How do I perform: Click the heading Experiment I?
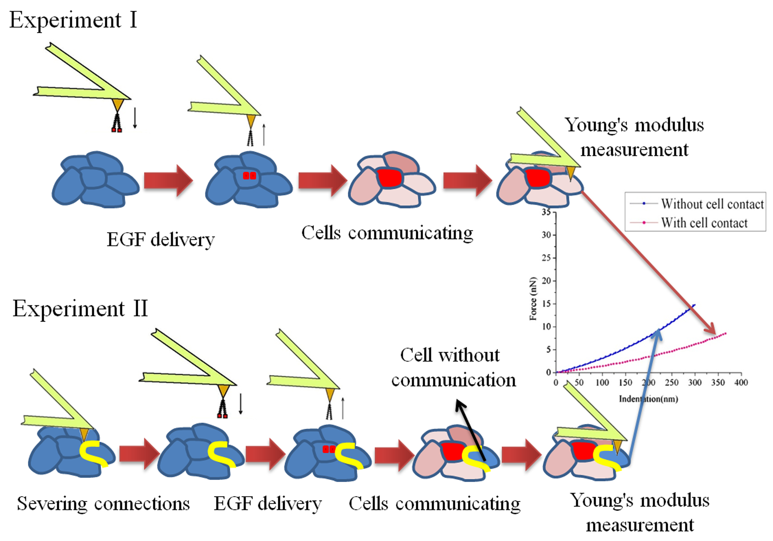(x=73, y=20)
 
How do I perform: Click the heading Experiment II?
(x=80, y=309)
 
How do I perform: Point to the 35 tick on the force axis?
(x=546, y=212)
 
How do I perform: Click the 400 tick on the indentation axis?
(x=741, y=382)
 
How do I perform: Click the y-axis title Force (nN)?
(x=533, y=298)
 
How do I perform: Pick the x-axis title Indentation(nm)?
(x=648, y=399)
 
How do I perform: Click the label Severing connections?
(x=103, y=504)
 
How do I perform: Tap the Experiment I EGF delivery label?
(x=161, y=240)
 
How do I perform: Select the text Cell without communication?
(x=453, y=368)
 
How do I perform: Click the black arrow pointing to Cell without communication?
(x=470, y=430)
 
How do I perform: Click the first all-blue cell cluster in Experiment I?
(x=95, y=179)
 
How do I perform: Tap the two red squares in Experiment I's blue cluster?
(x=250, y=175)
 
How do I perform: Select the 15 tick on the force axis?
(x=546, y=304)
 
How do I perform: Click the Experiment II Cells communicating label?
(x=435, y=504)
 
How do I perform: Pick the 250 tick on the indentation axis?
(x=672, y=382)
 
